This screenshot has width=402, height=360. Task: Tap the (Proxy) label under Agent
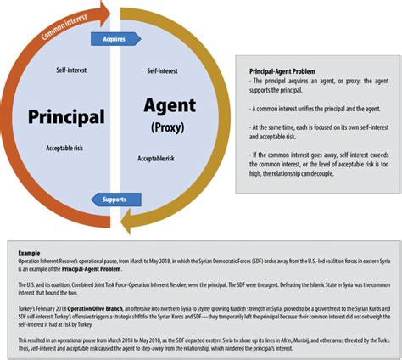(168, 128)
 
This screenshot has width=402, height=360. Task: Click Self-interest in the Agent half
(161, 71)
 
